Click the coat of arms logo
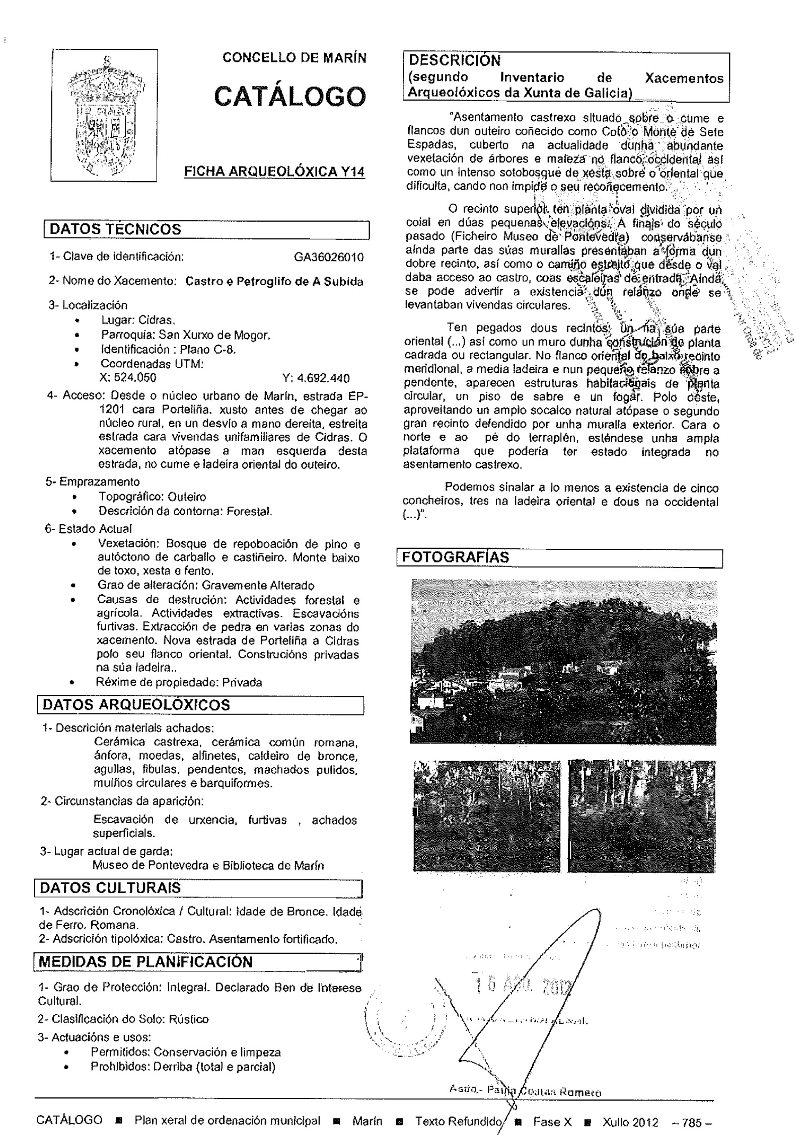105,115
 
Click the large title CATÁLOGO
290,96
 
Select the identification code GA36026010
329,258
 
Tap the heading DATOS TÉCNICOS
115,229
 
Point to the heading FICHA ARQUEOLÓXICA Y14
274,172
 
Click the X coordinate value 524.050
129,378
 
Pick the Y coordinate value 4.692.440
316,378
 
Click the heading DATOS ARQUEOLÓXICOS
136,705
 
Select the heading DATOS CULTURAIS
110,888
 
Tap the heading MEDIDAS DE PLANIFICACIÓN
145,962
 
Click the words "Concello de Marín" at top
295,58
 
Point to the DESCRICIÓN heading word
454,61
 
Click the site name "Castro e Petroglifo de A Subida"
274,282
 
